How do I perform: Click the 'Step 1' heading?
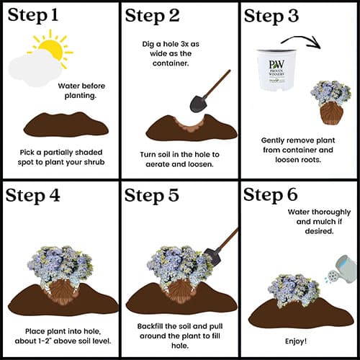(x=33, y=16)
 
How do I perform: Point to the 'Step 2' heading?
(x=152, y=17)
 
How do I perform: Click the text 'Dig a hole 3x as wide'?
(x=171, y=49)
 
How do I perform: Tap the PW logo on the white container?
(x=276, y=65)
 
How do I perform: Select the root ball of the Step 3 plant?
(x=330, y=113)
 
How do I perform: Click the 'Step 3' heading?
(x=271, y=17)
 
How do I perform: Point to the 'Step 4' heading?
(x=32, y=196)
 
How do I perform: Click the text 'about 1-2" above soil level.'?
(x=63, y=341)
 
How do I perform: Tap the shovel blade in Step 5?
(x=212, y=257)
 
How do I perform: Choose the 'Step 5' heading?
(x=152, y=195)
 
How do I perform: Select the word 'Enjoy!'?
(x=296, y=341)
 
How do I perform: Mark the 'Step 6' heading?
(x=271, y=195)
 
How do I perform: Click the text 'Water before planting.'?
(x=81, y=91)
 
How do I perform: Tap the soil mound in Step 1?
(x=66, y=125)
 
